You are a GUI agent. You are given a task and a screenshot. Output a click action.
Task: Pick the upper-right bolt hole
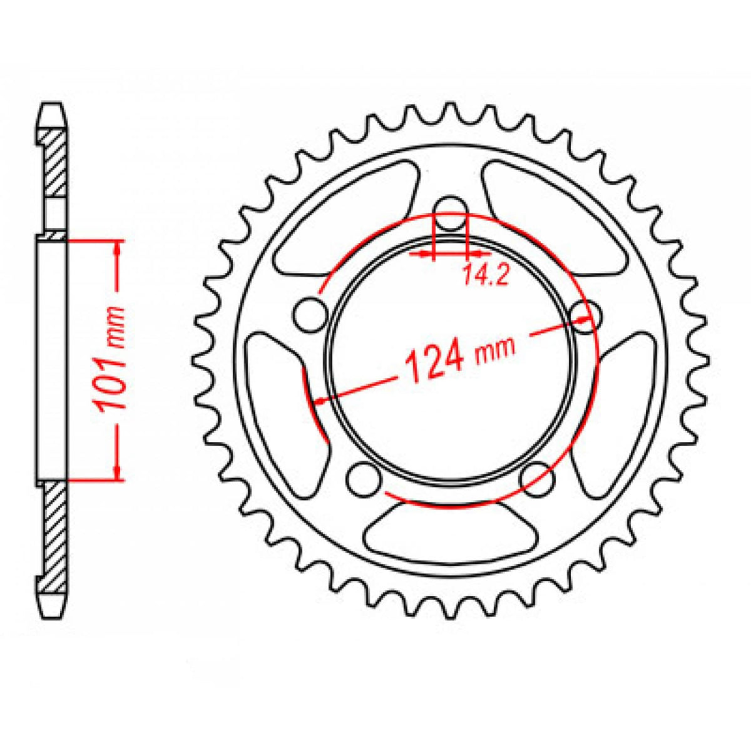pos(586,313)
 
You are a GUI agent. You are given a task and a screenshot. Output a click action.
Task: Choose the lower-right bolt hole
pos(538,479)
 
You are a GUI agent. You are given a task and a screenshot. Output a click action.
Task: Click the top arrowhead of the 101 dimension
pos(116,248)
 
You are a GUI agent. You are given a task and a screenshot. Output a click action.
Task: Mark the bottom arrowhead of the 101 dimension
pos(116,473)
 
